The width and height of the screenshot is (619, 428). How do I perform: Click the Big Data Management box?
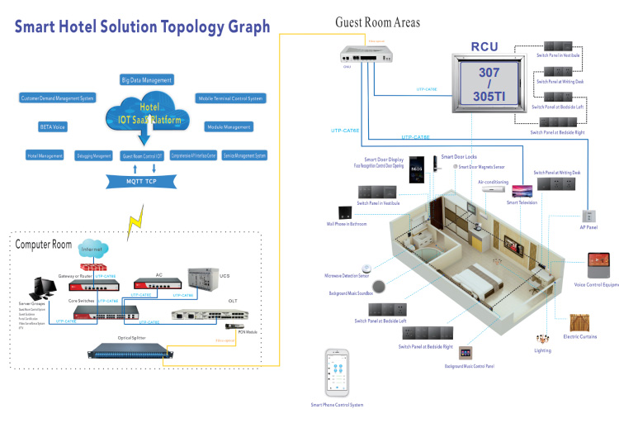(147, 80)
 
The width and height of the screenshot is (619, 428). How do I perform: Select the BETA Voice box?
(52, 127)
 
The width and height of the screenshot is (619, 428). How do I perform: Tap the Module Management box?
(229, 127)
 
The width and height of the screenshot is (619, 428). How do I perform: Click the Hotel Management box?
(46, 155)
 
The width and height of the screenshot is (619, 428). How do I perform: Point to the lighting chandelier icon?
(542, 340)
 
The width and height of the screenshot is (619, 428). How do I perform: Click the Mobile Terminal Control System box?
(230, 98)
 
